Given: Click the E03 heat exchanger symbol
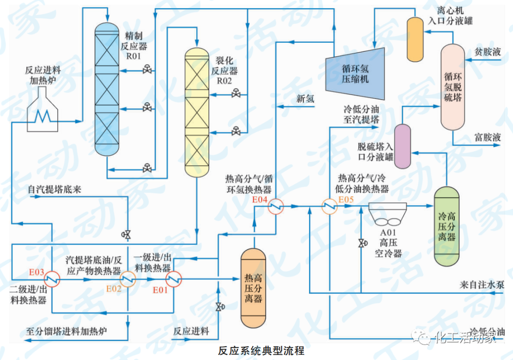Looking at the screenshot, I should pos(52,279).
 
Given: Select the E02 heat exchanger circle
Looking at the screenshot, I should pos(127,279).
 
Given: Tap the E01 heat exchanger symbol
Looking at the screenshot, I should pos(174,279).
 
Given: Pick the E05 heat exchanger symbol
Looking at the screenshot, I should pos(329,206).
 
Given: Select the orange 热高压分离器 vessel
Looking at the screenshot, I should pos(253,288).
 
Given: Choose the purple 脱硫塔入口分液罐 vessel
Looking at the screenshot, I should pos(403,146).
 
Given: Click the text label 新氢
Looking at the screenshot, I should pos(305,99).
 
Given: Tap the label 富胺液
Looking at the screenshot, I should pos(488,137).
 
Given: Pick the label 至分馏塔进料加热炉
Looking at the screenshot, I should pos(66,331).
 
